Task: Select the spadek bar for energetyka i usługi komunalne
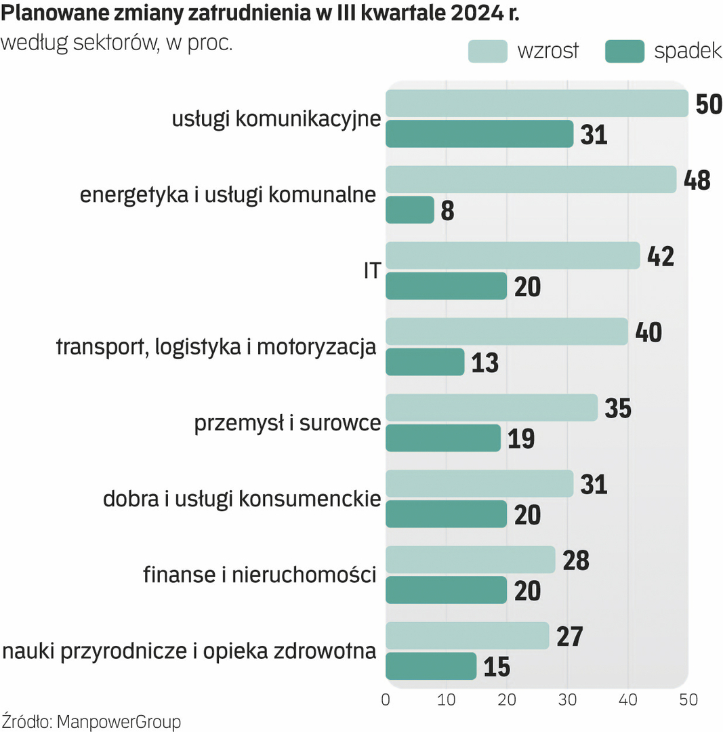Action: point(410,210)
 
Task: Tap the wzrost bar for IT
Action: point(512,256)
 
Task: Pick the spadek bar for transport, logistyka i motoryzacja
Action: point(425,362)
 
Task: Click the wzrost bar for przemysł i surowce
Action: point(491,407)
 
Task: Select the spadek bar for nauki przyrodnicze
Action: point(431,666)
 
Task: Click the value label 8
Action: point(447,211)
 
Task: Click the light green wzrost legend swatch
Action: point(487,52)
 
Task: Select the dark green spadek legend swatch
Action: point(624,52)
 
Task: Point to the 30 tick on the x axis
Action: point(568,699)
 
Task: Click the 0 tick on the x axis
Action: point(386,699)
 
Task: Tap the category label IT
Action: point(371,271)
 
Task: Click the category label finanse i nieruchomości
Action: point(260,575)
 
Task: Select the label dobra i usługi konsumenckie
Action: point(241,500)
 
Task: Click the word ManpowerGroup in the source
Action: point(119,722)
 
